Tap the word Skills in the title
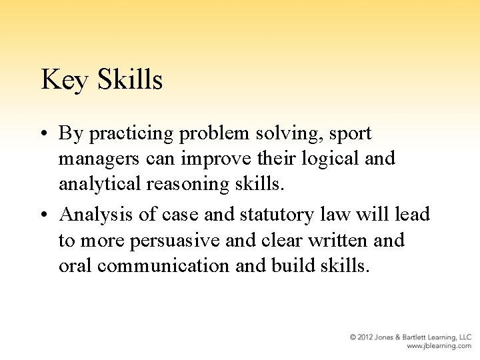pos(129,80)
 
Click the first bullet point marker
pos(45,134)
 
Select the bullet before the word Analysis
pos(45,215)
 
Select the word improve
pos(214,159)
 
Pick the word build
pos(295,265)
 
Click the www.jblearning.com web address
pos(439,346)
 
